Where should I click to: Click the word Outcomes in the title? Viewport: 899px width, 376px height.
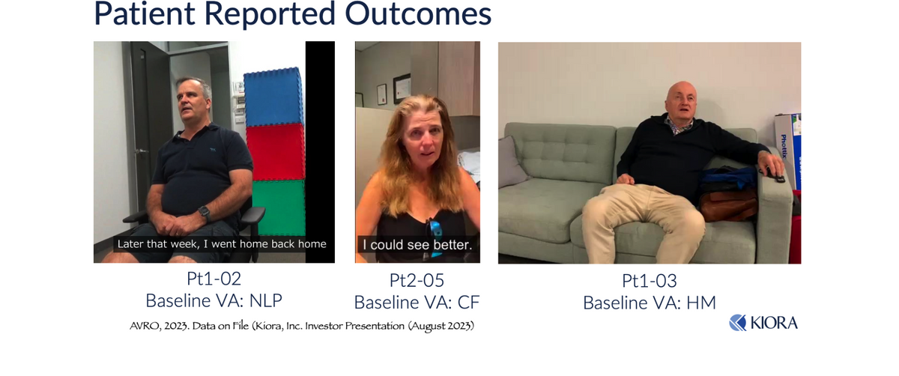(x=418, y=13)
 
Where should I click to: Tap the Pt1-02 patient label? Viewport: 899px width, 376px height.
(x=214, y=279)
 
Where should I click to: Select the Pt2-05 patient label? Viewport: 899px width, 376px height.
(x=417, y=280)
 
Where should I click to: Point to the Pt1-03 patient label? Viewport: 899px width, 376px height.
(x=650, y=280)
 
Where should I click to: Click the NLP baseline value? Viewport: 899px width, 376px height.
(x=266, y=300)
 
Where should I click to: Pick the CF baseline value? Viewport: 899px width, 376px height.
(x=468, y=303)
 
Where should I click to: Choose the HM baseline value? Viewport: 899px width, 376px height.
(x=701, y=303)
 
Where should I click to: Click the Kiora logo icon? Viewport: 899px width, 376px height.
(x=738, y=323)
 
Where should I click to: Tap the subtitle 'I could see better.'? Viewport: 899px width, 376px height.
(x=417, y=244)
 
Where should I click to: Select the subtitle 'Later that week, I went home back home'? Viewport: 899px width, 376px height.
(x=222, y=244)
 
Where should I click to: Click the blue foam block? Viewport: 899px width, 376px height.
(x=273, y=97)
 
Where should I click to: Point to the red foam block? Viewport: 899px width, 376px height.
(x=276, y=152)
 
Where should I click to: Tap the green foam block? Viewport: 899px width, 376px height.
(x=279, y=207)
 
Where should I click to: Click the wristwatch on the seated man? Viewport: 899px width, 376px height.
(x=205, y=212)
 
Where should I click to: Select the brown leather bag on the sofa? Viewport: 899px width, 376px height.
(x=728, y=204)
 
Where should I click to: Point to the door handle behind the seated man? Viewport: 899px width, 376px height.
(x=142, y=151)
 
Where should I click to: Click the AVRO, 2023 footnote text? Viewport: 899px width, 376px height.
(x=302, y=325)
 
